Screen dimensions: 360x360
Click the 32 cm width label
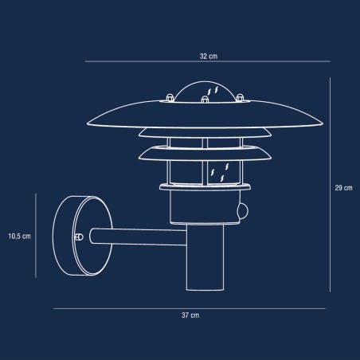[x=209, y=57]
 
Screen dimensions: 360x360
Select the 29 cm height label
[x=343, y=188]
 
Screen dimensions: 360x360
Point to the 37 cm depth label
[x=189, y=316]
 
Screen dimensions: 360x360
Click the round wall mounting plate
[x=72, y=237]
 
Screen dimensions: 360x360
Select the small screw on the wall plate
[x=77, y=237]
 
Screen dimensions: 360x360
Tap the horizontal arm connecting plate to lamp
[x=135, y=237]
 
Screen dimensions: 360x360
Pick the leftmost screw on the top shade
[x=169, y=100]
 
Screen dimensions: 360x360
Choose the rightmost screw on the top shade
[x=242, y=100]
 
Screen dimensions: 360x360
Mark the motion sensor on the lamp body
[x=242, y=213]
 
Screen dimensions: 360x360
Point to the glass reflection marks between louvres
[x=219, y=170]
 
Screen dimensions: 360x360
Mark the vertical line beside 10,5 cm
[x=35, y=237]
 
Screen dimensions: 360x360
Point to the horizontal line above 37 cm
[x=189, y=308]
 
